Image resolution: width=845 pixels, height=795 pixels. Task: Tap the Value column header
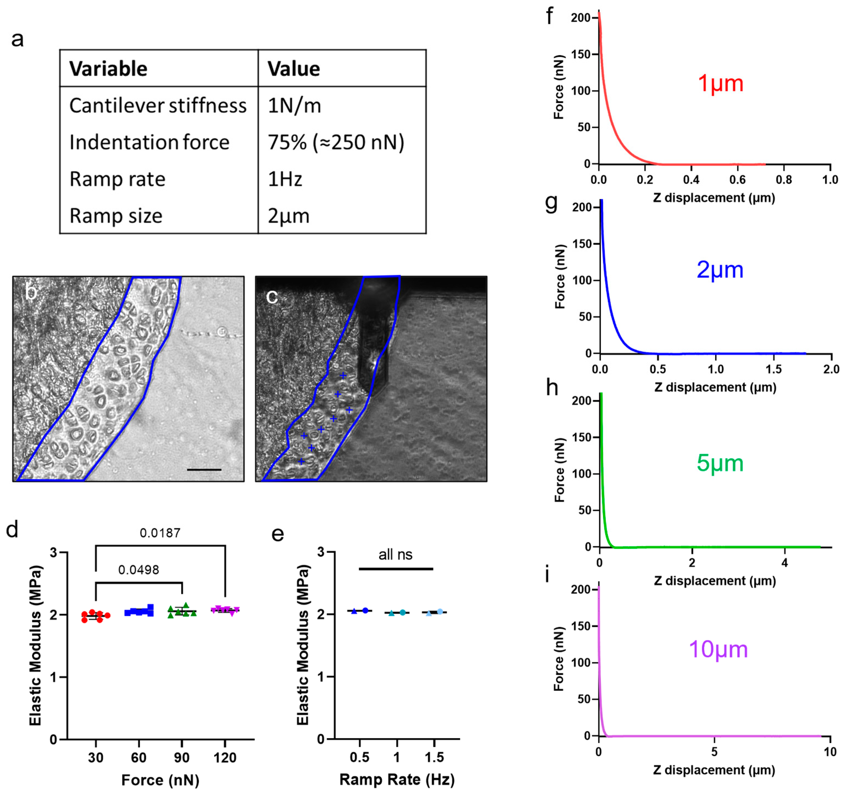(x=293, y=69)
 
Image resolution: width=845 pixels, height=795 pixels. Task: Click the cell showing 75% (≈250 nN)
(x=336, y=142)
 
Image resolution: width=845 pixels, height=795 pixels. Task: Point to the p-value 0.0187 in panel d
(x=160, y=533)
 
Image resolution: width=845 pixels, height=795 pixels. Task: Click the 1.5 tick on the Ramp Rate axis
(x=434, y=757)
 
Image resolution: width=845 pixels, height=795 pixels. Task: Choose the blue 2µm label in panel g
(x=720, y=270)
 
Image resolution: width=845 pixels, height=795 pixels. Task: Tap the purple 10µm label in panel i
(x=718, y=649)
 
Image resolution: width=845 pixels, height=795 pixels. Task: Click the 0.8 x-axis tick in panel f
(x=783, y=180)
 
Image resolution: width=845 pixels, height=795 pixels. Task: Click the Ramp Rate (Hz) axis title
(x=397, y=780)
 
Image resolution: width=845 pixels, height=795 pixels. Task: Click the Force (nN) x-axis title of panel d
(x=160, y=780)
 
